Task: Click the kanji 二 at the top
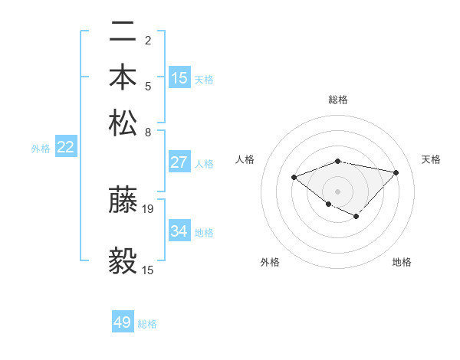(123, 33)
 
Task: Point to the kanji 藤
(123, 200)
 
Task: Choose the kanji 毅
(123, 260)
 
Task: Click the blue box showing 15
(179, 78)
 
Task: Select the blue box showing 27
(179, 162)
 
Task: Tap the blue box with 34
(179, 231)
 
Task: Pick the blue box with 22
(65, 147)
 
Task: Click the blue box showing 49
(123, 322)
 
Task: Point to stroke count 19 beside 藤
(148, 208)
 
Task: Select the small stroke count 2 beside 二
(147, 40)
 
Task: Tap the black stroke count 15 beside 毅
(148, 270)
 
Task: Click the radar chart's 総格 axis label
(338, 100)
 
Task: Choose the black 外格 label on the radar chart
(270, 263)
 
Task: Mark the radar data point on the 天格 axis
(396, 172)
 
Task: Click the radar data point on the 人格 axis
(294, 178)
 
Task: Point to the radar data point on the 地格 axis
(356, 217)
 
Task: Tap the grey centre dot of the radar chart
(338, 191)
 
